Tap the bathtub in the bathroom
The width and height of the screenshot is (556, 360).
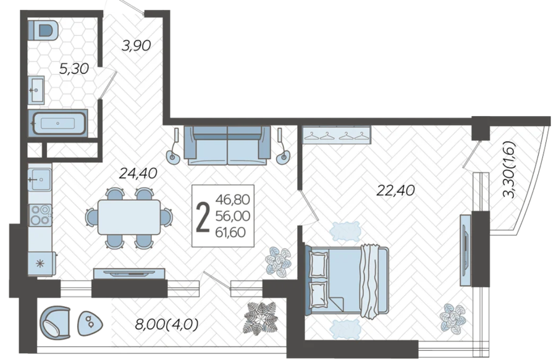[57, 123]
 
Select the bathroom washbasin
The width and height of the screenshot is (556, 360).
[36, 90]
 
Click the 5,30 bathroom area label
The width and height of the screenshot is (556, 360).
[74, 69]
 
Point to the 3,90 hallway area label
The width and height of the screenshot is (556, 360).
[136, 45]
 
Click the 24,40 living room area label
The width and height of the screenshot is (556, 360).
[138, 174]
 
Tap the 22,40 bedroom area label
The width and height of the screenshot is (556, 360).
[395, 191]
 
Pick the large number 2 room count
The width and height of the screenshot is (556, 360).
[203, 216]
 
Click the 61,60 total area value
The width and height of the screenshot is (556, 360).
[230, 232]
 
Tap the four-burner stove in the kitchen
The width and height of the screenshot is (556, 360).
[40, 215]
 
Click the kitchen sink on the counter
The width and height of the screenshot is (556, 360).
[40, 180]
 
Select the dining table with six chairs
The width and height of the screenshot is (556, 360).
[129, 217]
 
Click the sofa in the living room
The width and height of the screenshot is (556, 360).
[227, 145]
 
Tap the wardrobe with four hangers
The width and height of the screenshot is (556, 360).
[336, 135]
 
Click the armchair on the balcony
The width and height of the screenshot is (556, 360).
[56, 325]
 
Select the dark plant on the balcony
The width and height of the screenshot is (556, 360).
[260, 318]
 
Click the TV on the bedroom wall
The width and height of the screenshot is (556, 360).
[466, 250]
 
